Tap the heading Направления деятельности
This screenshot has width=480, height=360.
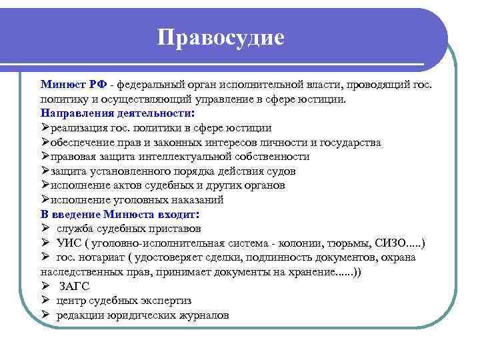[x=117, y=113]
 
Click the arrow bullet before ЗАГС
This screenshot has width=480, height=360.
[x=45, y=286]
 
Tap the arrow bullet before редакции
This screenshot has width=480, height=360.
[x=45, y=315]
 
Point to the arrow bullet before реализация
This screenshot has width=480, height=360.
[x=45, y=127]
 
